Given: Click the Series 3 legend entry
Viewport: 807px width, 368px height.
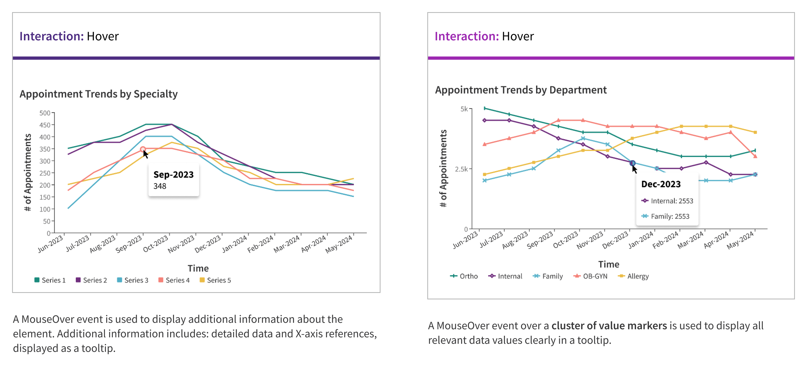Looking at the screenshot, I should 132,280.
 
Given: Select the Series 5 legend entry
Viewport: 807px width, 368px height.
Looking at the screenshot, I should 215,280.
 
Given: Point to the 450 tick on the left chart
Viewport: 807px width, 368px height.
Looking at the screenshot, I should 45,125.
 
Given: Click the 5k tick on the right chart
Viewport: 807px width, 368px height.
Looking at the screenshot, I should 464,109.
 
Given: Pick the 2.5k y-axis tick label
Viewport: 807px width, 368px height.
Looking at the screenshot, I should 461,169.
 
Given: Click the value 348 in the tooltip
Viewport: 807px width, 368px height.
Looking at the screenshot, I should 160,186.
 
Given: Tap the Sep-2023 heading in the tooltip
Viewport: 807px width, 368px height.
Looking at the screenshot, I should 174,174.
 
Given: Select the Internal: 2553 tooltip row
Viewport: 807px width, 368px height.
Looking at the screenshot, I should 667,201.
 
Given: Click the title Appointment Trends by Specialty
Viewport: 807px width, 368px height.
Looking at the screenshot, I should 99,94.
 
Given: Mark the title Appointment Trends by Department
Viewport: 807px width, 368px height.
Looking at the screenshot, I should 521,90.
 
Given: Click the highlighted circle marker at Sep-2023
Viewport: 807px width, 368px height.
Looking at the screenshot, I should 143,149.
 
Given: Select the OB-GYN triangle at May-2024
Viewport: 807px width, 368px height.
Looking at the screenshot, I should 755,156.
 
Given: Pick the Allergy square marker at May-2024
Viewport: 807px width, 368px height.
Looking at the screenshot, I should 755,132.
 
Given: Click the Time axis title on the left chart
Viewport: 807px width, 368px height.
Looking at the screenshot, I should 198,268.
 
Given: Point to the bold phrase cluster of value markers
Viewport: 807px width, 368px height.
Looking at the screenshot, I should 609,326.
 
